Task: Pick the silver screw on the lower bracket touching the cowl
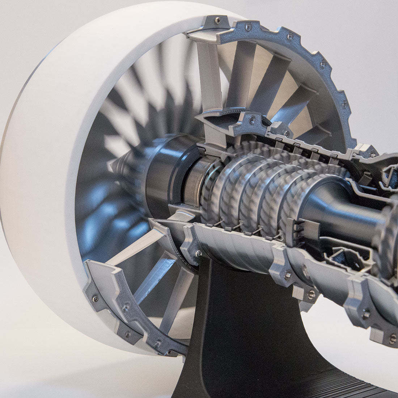point(95,298)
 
